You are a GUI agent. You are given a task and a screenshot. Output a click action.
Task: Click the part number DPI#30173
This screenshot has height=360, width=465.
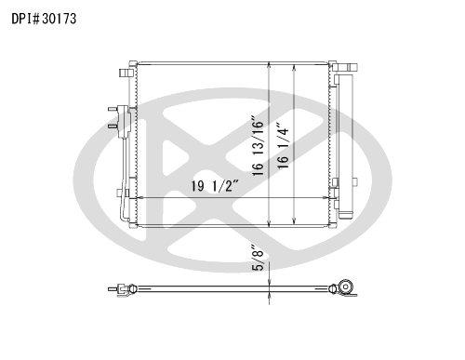click(44, 19)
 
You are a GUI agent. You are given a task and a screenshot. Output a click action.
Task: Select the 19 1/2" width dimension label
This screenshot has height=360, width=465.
click(215, 186)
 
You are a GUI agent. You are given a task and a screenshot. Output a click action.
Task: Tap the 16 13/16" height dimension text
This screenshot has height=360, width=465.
click(258, 146)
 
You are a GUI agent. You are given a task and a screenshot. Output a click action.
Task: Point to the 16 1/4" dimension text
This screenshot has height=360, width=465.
click(283, 146)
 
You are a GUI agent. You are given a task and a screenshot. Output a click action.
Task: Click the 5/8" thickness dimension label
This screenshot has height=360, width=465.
click(258, 258)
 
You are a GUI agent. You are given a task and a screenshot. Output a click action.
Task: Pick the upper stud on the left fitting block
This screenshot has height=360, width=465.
click(113, 109)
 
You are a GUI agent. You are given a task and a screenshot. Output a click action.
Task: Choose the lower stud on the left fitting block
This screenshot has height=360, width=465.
click(113, 127)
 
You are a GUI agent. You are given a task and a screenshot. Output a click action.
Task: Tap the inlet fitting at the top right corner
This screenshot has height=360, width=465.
click(347, 67)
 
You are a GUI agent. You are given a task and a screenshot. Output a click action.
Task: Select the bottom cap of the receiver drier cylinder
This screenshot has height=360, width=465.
click(346, 215)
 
